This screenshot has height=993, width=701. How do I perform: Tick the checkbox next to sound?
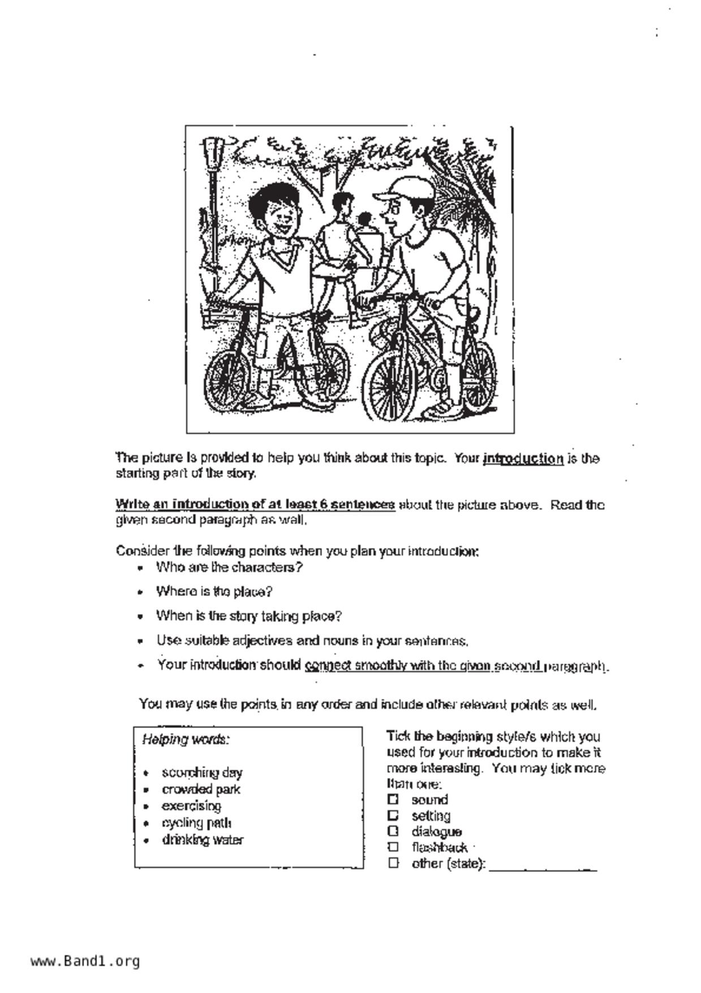pyautogui.click(x=393, y=799)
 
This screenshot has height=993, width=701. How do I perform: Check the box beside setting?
pyautogui.click(x=393, y=815)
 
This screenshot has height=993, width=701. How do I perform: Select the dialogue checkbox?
pyautogui.click(x=393, y=831)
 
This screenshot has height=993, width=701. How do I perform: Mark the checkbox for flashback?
pyautogui.click(x=393, y=847)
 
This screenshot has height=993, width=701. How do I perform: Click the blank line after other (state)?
pyautogui.click(x=542, y=866)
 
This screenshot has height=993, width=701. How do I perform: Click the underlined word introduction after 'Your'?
pyautogui.click(x=523, y=459)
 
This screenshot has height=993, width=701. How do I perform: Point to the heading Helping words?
pyautogui.click(x=186, y=739)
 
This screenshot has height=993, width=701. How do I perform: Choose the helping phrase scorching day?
pyautogui.click(x=202, y=772)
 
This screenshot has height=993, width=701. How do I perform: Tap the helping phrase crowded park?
pyautogui.click(x=201, y=789)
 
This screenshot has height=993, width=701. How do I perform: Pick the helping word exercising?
pyautogui.click(x=191, y=806)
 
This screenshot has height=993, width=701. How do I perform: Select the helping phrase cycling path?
pyautogui.click(x=196, y=823)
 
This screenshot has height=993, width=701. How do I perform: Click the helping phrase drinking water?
pyautogui.click(x=203, y=840)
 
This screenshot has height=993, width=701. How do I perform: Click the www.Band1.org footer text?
pyautogui.click(x=85, y=961)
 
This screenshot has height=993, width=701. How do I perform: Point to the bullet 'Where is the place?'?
pyautogui.click(x=214, y=592)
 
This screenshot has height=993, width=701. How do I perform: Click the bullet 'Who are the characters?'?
pyautogui.click(x=229, y=567)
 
